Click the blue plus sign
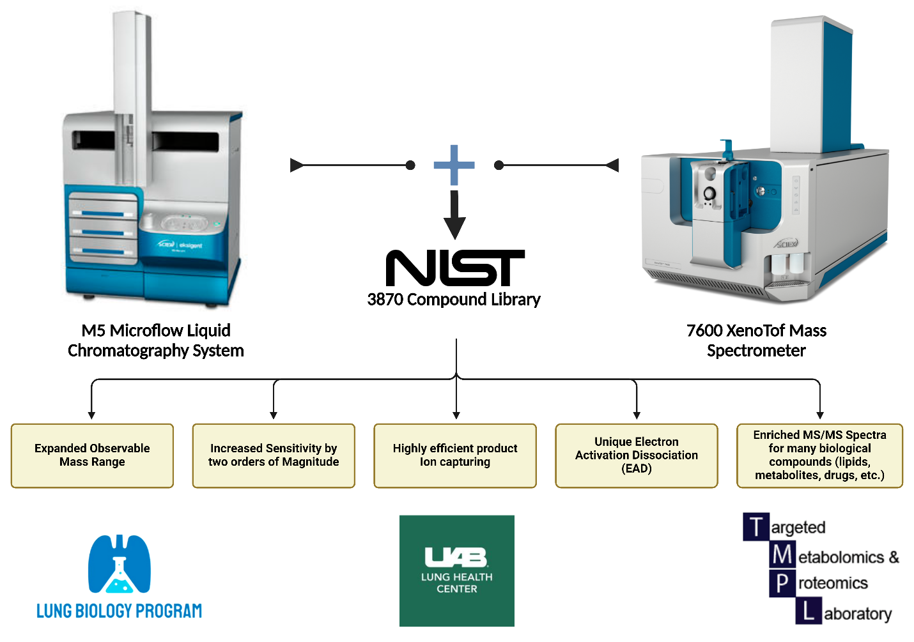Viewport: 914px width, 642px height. pyautogui.click(x=454, y=165)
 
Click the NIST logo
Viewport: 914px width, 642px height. pyautogui.click(x=455, y=268)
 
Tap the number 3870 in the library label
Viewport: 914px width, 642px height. pyautogui.click(x=385, y=300)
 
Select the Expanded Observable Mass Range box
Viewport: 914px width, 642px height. pyautogui.click(x=92, y=455)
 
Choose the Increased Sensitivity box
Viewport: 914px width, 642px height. pyautogui.click(x=274, y=455)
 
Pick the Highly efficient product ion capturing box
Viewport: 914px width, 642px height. pyautogui.click(x=455, y=455)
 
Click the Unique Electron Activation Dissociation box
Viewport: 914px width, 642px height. pyautogui.click(x=637, y=455)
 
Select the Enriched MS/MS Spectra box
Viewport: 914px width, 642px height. pyautogui.click(x=819, y=455)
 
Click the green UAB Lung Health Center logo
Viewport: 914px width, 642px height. pyautogui.click(x=456, y=570)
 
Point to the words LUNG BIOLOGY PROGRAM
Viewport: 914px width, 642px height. pyautogui.click(x=119, y=611)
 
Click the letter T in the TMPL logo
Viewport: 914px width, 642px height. pyautogui.click(x=756, y=527)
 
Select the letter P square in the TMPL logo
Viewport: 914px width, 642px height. pyautogui.click(x=782, y=583)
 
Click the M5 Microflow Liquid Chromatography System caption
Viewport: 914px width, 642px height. pyautogui.click(x=156, y=340)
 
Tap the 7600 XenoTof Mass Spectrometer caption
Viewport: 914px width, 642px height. pyautogui.click(x=756, y=340)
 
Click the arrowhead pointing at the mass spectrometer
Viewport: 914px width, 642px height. pyautogui.click(x=612, y=165)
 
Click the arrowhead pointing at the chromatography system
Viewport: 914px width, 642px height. pyautogui.click(x=297, y=165)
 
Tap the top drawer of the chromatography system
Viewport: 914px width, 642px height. pyautogui.click(x=103, y=208)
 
